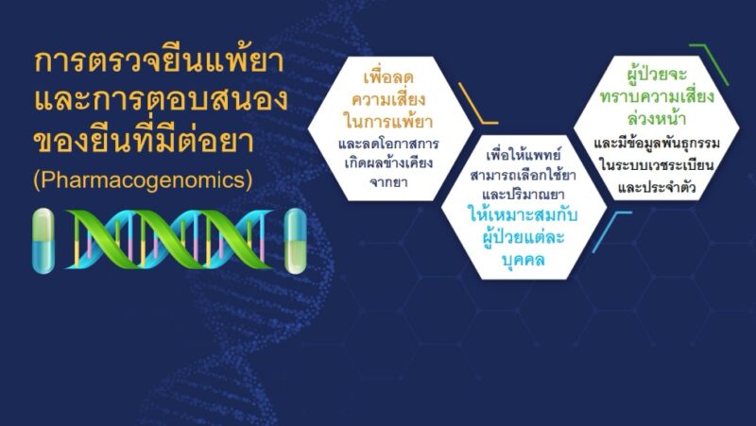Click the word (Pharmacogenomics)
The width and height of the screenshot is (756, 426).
tap(144, 179)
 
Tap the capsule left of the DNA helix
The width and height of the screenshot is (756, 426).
tap(43, 241)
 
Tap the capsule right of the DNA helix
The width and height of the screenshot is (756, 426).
tap(296, 241)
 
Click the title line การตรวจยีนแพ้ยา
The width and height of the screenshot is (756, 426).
tap(160, 61)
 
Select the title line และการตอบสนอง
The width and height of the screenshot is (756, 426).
tap(161, 99)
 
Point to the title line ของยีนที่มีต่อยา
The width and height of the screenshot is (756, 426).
tap(144, 140)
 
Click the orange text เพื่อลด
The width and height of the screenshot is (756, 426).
tap(388, 77)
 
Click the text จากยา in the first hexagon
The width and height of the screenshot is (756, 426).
tap(388, 182)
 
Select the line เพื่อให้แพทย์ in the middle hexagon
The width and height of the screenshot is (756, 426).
tap(524, 155)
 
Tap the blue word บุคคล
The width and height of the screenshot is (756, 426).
tap(524, 260)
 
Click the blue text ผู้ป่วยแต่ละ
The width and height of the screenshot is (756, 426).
tap(524, 236)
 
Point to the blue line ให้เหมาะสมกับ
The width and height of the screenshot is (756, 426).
tap(524, 214)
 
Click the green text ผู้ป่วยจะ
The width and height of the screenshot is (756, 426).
tap(657, 75)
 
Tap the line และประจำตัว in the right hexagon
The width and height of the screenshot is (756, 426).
tap(657, 187)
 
